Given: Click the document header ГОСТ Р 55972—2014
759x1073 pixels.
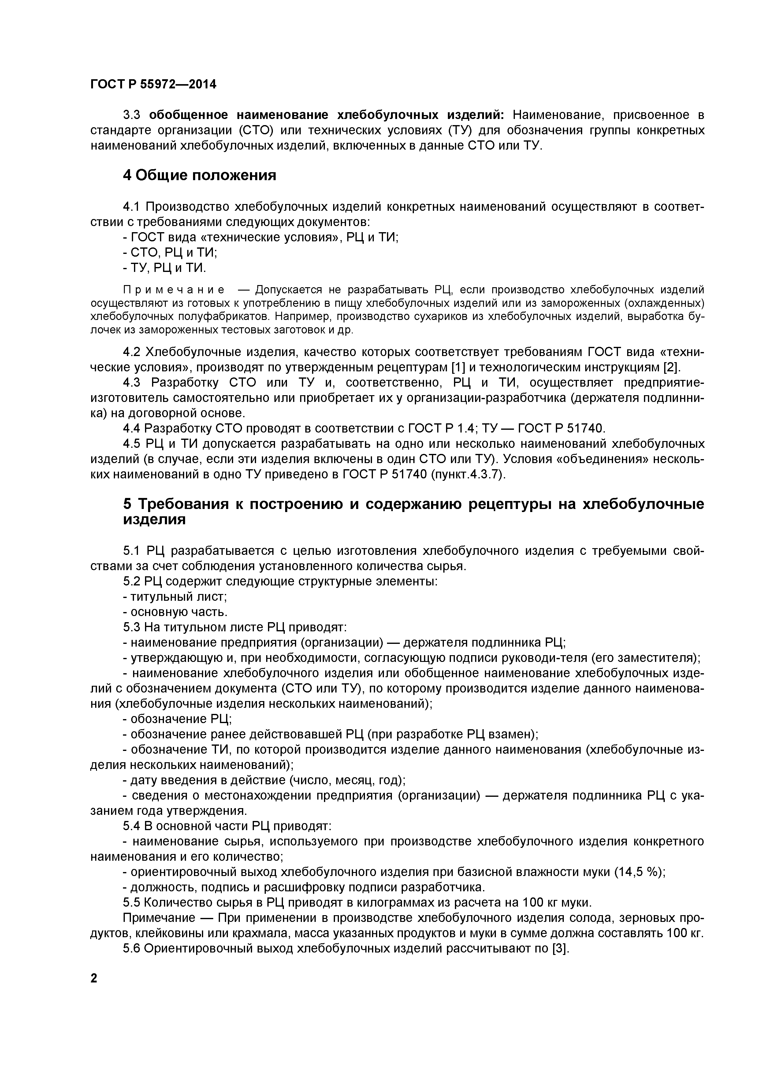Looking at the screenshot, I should pos(153,85).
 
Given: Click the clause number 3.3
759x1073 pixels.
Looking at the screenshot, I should pos(132,115).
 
